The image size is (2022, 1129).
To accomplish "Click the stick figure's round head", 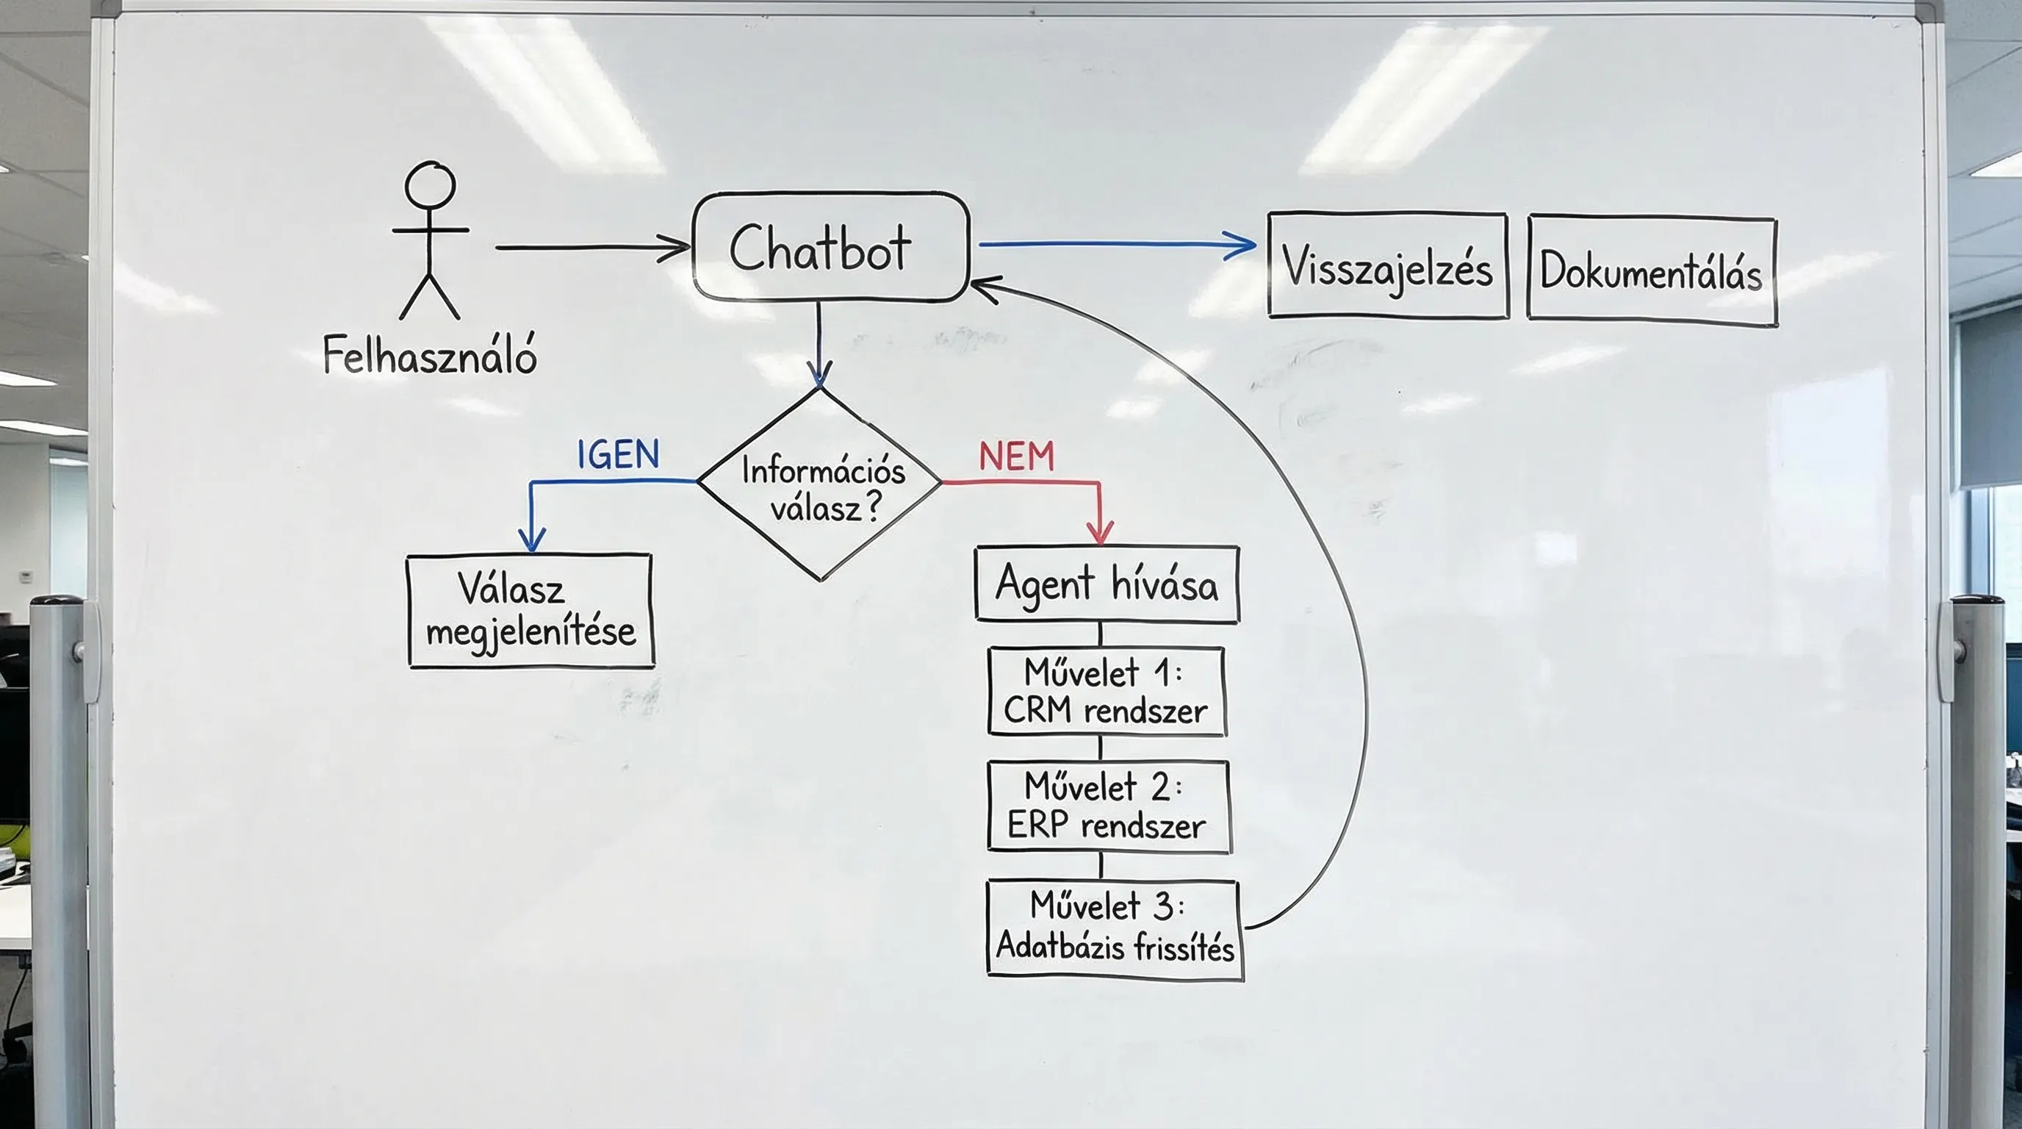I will point(429,185).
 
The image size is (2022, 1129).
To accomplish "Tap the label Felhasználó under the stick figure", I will point(429,355).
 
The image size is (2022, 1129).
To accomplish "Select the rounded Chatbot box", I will point(830,247).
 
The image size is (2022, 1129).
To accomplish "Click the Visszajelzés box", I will point(1387,265).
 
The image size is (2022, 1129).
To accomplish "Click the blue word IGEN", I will point(619,454).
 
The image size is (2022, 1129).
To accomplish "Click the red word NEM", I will point(1015,457).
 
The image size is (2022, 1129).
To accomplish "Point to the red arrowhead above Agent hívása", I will point(1100,533).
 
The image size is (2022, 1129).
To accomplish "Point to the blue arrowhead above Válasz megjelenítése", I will point(531,540).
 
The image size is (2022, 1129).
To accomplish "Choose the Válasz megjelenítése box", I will point(530,612).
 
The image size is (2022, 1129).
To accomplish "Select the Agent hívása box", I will point(1106,585).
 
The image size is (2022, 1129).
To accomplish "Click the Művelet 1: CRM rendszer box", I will point(1106,692).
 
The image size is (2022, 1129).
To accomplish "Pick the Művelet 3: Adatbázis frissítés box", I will point(1114,930).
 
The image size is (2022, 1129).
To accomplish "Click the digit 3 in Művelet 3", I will point(1162,906).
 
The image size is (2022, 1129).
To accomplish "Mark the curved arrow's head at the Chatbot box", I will point(983,287).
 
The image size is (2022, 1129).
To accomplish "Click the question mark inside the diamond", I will point(873,507).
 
